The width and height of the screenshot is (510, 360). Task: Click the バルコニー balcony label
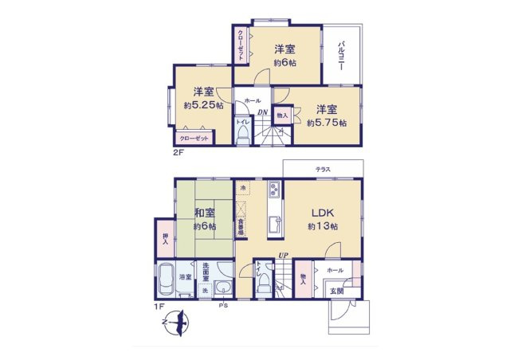(x=341, y=55)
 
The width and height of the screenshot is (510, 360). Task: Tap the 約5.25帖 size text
(x=203, y=104)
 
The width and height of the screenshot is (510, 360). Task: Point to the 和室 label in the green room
(x=204, y=213)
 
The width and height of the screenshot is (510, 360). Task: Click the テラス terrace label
(x=322, y=169)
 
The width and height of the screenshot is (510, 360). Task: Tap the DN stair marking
(x=261, y=112)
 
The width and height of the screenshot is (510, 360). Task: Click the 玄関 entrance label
(x=338, y=291)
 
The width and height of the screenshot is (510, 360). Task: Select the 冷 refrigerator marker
(x=242, y=188)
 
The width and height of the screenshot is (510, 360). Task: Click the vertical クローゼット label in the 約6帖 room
(x=241, y=45)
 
